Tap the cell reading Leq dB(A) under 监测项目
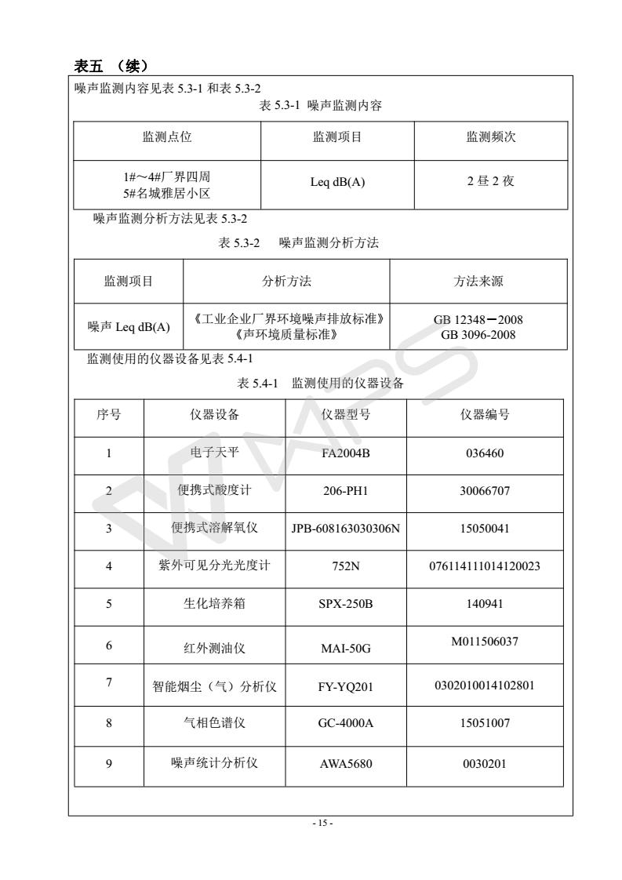pos(336,183)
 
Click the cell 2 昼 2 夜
pos(489,183)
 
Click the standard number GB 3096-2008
pos(478,335)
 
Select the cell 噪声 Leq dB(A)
pos(128,327)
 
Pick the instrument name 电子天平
pos(214,453)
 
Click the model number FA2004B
pos(346,453)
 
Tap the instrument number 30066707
pos(486,491)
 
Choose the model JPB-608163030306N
pos(346,529)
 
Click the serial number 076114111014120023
pos(486,566)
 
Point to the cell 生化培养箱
pos(214,605)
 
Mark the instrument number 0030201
pos(486,762)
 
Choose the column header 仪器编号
pos(486,415)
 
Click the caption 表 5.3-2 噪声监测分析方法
pos(298,244)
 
